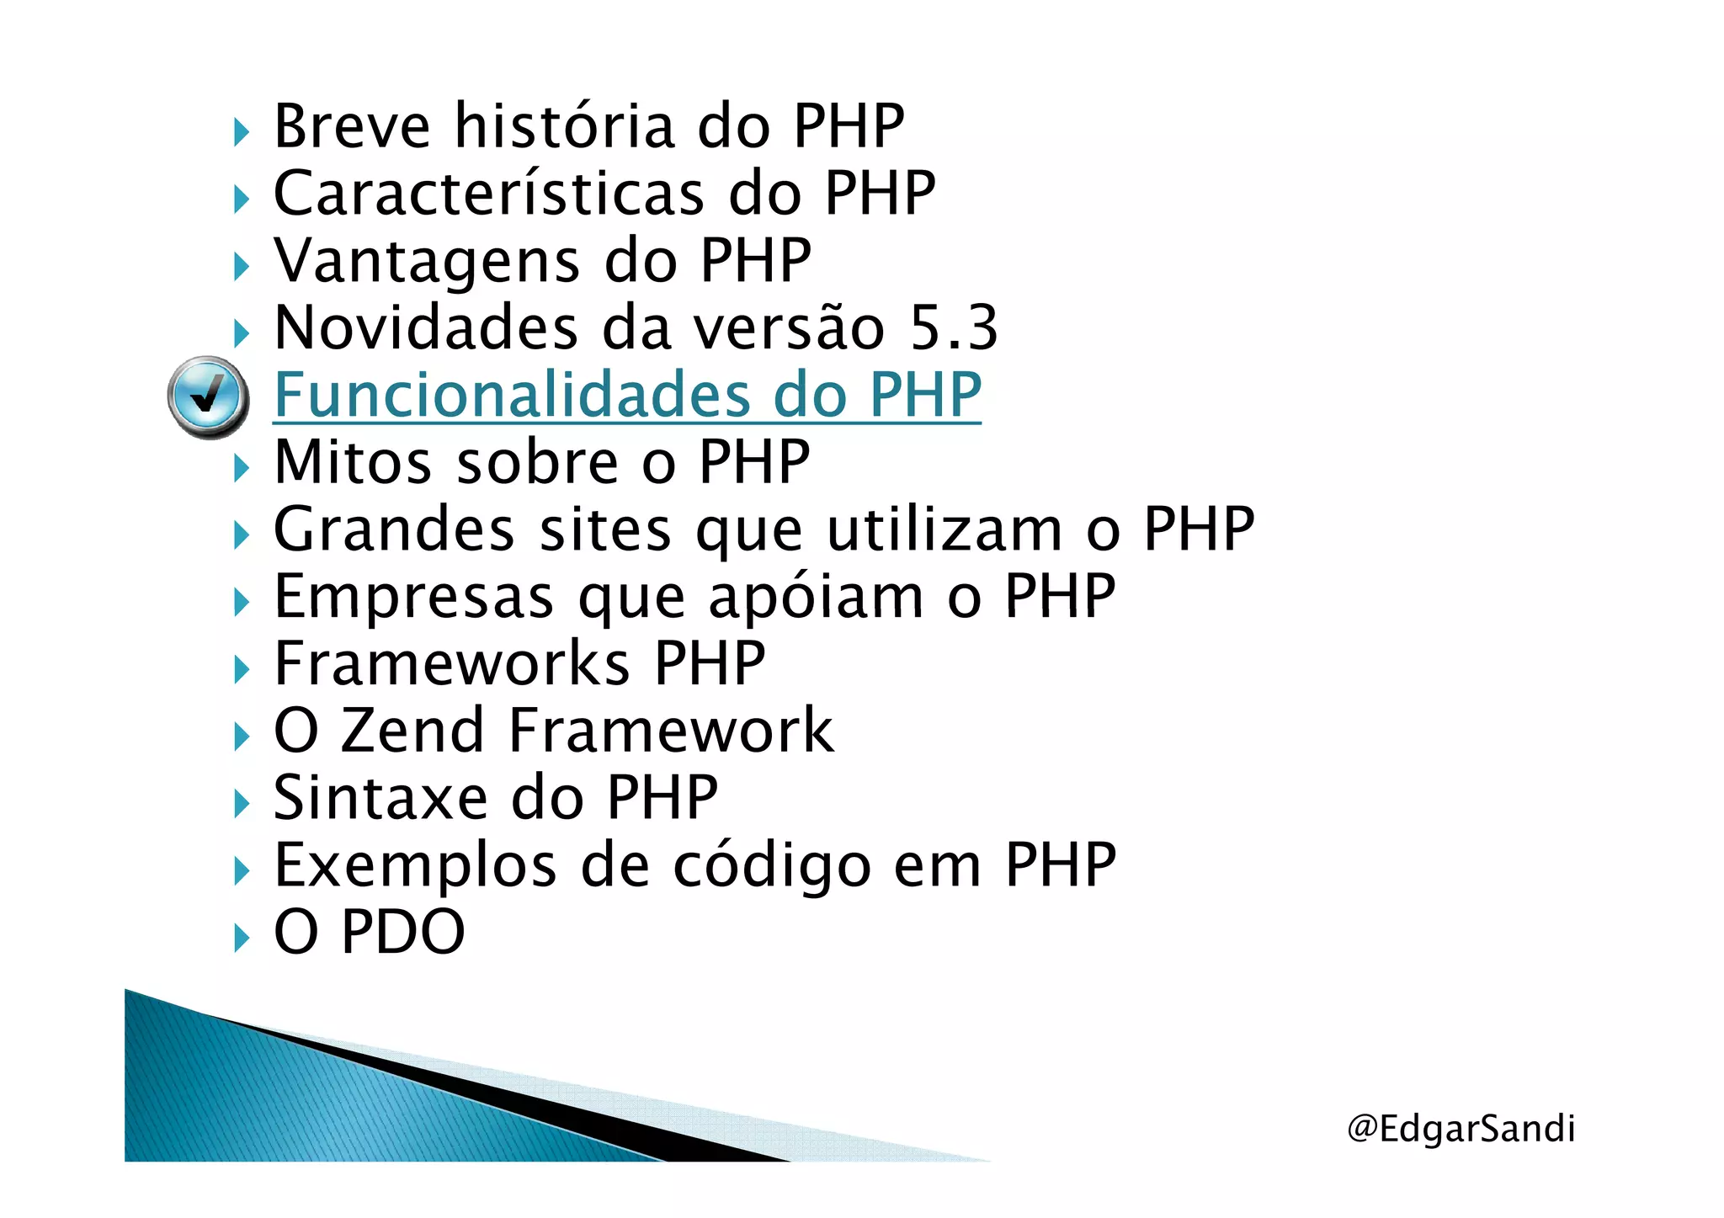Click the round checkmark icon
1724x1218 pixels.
(207, 396)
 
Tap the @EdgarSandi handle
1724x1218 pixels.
(1461, 1128)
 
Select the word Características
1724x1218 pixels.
(488, 194)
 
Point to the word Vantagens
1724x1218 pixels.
(427, 261)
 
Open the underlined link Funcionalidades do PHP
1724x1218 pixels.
(627, 395)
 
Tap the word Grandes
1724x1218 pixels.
(394, 529)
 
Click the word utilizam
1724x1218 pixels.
(944, 529)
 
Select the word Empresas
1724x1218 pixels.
(413, 596)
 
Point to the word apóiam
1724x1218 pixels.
(816, 598)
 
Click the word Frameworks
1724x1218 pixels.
(451, 663)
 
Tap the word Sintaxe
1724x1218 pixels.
(380, 797)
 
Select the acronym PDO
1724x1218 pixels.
(402, 932)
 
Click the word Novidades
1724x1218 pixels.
(426, 327)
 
